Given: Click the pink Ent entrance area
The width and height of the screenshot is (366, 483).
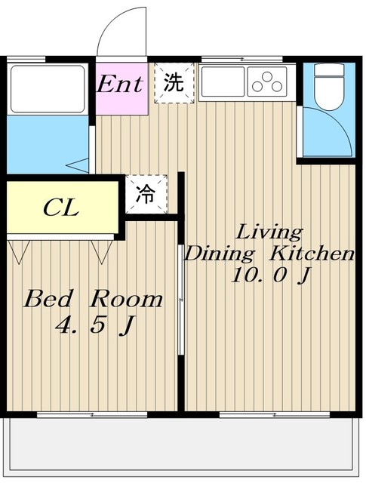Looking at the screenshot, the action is (x=121, y=89).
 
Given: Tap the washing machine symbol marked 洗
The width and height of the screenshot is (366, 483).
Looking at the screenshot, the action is (x=174, y=83).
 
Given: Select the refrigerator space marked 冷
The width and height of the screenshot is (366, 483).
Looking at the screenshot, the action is (x=146, y=194).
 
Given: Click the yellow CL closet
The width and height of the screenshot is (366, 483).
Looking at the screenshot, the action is (x=63, y=208).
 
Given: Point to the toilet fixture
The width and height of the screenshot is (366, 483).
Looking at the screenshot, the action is (x=329, y=87).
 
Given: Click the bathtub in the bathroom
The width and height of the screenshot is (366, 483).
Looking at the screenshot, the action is (x=48, y=89).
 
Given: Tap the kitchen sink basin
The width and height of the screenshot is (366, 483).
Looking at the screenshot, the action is (x=222, y=82).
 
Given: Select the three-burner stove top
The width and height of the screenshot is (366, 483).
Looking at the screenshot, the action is (x=267, y=82).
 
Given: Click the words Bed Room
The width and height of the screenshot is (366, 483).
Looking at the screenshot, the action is (x=94, y=299).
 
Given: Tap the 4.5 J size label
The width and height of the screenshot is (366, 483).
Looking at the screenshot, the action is (x=96, y=325).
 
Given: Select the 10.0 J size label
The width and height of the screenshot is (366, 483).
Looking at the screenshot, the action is (x=270, y=275).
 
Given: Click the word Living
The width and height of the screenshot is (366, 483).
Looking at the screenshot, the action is (x=269, y=232).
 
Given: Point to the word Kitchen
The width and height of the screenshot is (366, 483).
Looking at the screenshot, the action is (x=312, y=254).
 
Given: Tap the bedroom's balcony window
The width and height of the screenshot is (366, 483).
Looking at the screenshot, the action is (x=92, y=415).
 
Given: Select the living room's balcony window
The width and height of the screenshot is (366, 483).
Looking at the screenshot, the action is (x=275, y=415).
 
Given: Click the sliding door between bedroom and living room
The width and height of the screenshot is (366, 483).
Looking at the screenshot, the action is (x=181, y=300).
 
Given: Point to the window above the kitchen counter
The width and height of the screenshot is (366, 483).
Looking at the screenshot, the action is (x=242, y=59).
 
